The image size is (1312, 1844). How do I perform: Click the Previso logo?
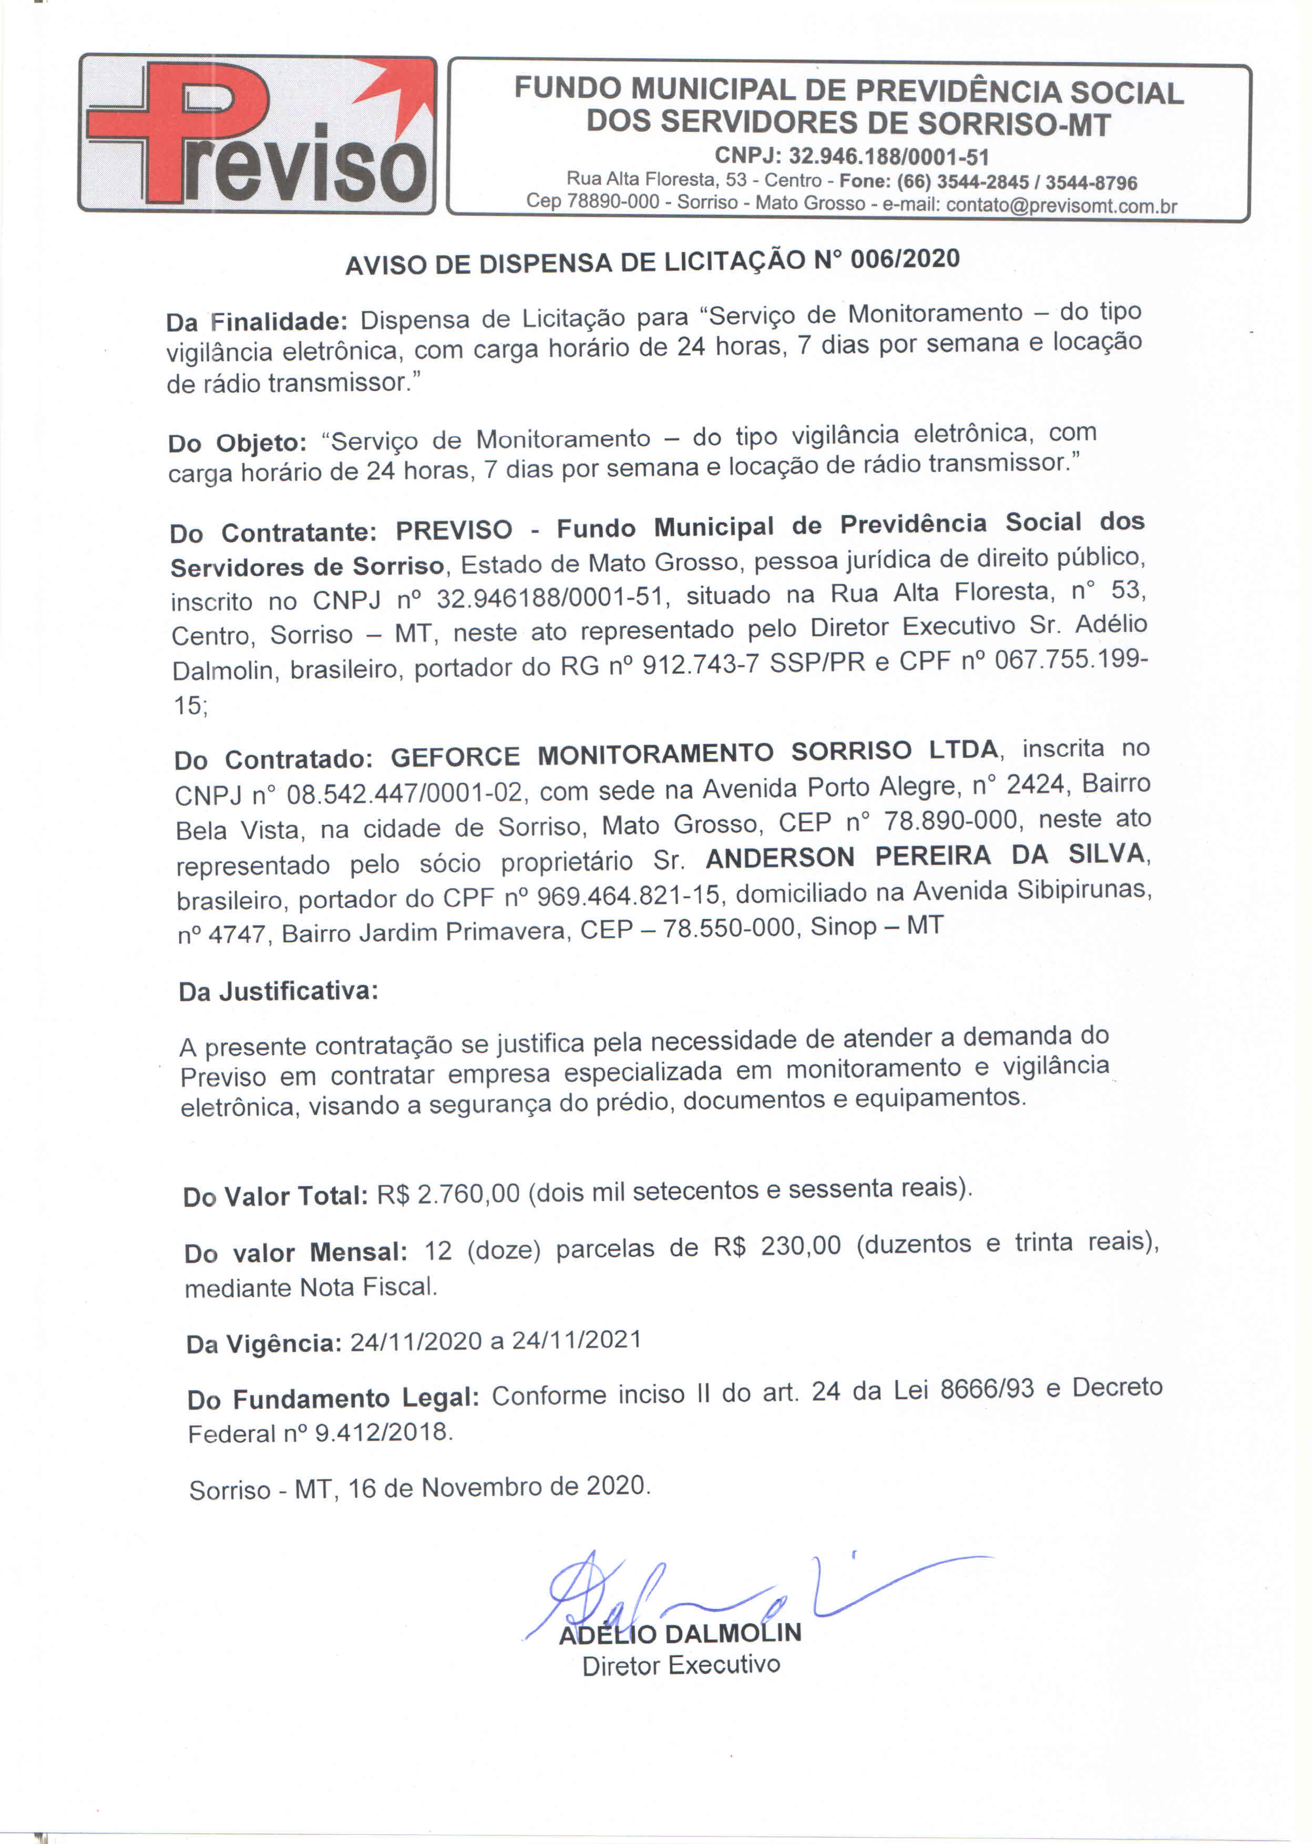point(257,134)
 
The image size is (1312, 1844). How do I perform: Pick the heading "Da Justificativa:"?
point(278,992)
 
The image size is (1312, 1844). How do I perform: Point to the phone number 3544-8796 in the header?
point(1091,182)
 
